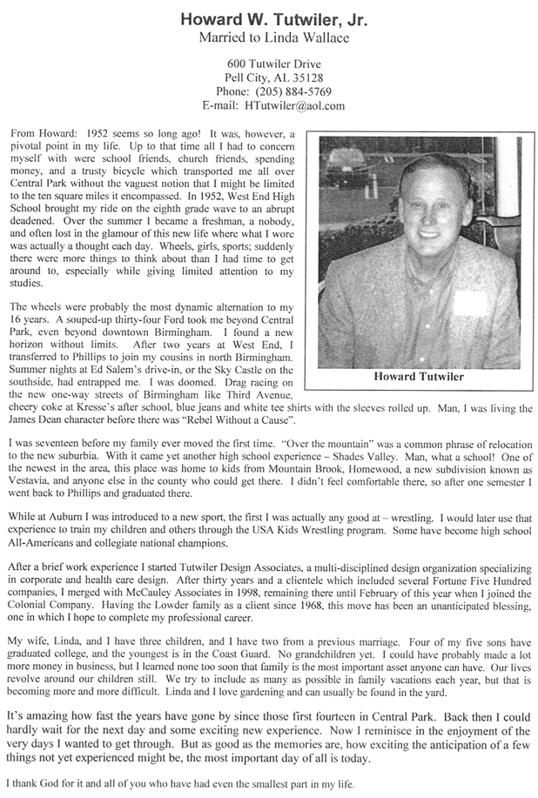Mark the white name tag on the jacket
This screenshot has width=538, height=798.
[x=471, y=303]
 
